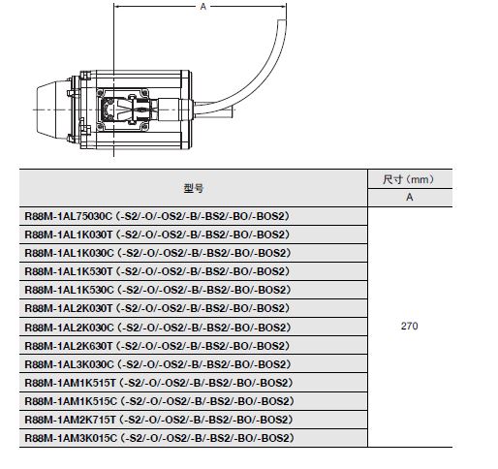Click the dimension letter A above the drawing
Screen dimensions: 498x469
pyautogui.click(x=202, y=7)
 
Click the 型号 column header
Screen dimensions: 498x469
pyautogui.click(x=194, y=188)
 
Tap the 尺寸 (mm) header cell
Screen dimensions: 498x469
pyautogui.click(x=409, y=179)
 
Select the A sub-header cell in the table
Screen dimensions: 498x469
pyautogui.click(x=409, y=197)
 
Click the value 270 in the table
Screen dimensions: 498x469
pyautogui.click(x=409, y=326)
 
